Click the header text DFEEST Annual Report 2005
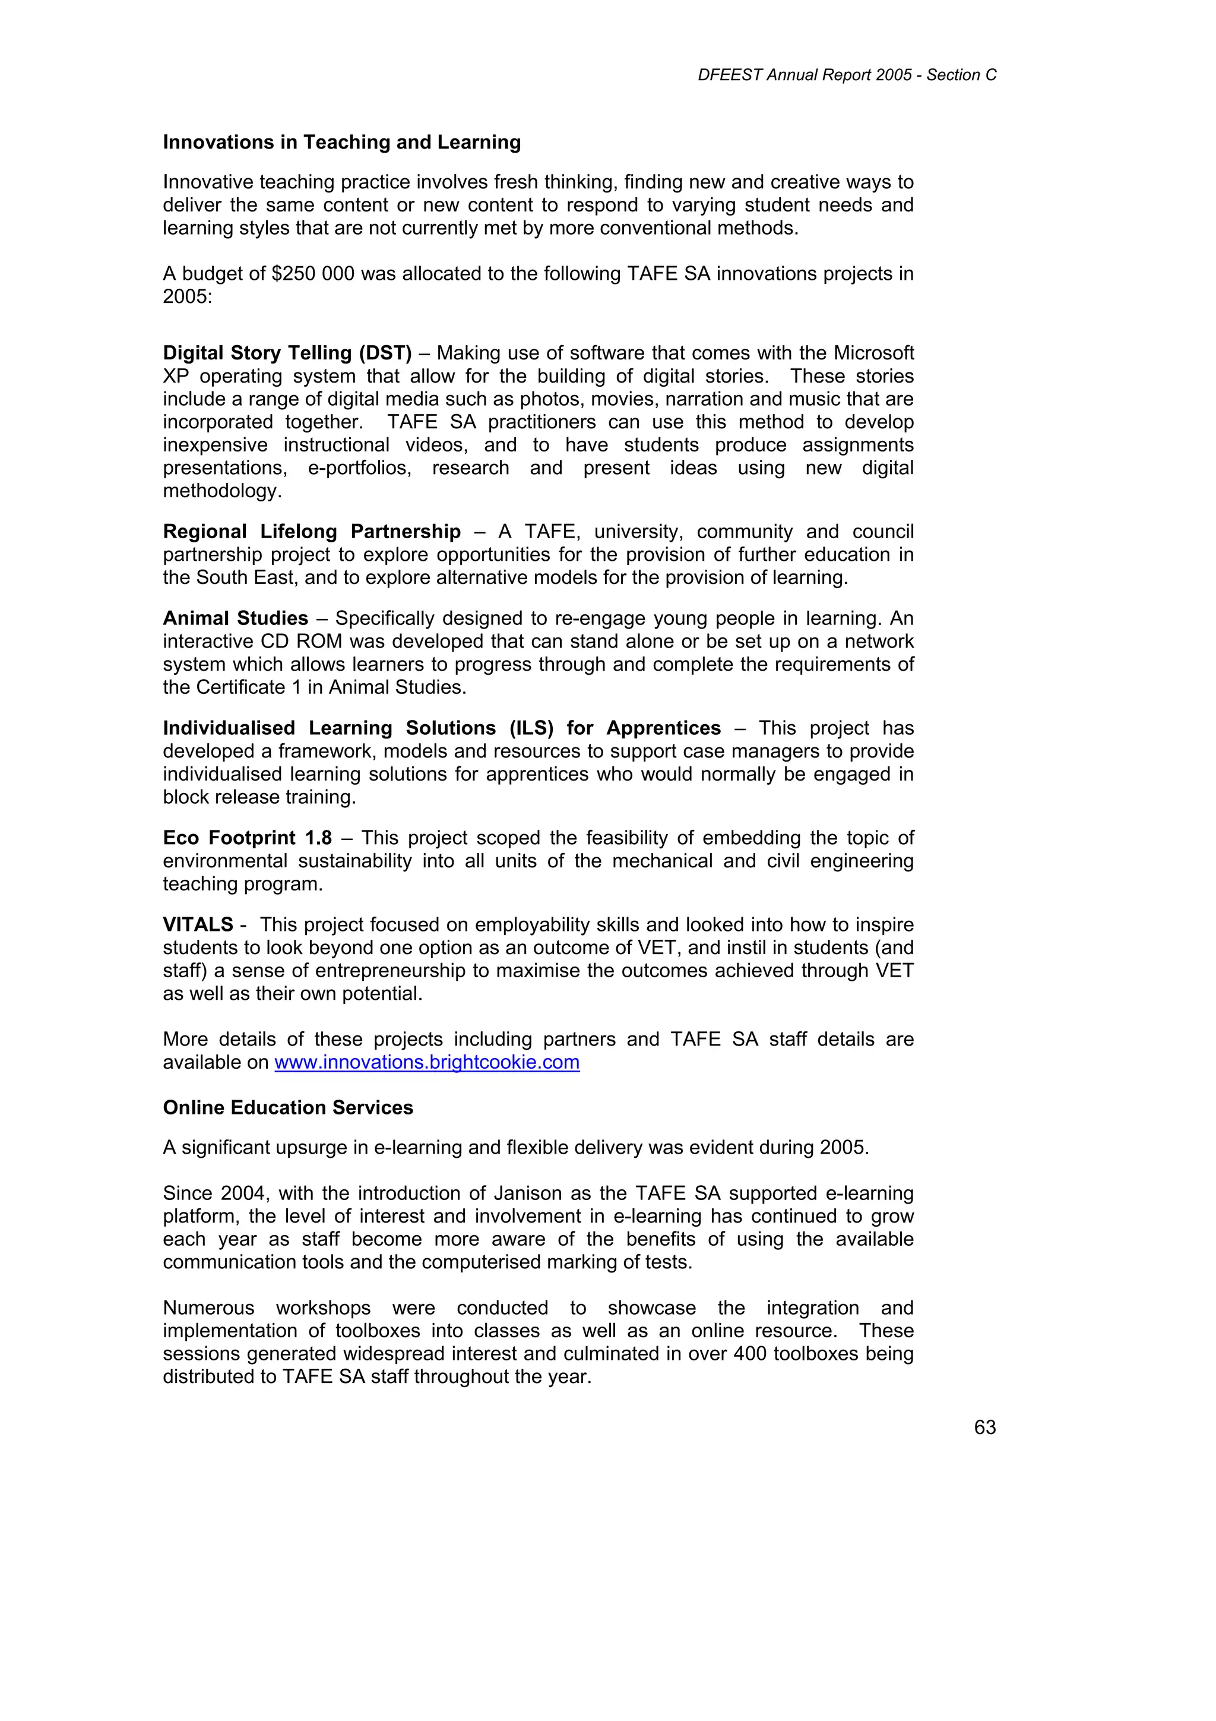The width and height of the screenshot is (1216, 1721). tap(804, 75)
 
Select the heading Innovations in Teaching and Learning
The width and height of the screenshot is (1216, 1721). tap(341, 143)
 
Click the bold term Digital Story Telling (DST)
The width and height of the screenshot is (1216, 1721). tap(287, 353)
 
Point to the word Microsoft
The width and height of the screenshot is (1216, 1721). tap(873, 353)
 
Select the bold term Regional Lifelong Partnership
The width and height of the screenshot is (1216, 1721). tap(312, 532)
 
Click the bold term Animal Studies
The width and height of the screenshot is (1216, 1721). tap(235, 618)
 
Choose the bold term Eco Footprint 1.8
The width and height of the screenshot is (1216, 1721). tap(247, 838)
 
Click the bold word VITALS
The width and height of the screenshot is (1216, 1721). tap(198, 925)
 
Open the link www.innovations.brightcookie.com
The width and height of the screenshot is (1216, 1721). tap(426, 1062)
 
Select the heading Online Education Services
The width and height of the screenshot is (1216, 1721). tap(288, 1108)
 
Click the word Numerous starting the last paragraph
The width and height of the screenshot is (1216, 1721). tap(208, 1308)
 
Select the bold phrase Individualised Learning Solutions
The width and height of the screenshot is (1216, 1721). tap(330, 728)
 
